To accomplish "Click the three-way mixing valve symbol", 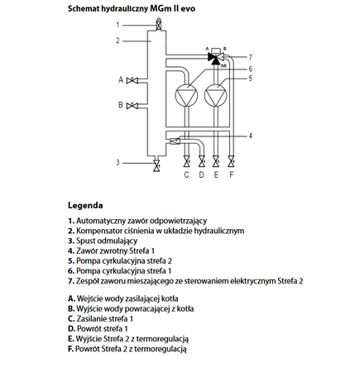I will (215, 59).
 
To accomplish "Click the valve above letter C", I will (186, 160).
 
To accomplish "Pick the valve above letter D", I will (201, 160).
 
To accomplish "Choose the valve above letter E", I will (217, 160).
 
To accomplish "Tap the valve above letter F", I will (232, 160).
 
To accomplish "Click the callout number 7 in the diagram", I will (251, 57).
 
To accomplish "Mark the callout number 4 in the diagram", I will (251, 134).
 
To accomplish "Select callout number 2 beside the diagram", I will (118, 40).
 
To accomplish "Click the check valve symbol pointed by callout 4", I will (175, 141).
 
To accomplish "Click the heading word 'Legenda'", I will (86, 204).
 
